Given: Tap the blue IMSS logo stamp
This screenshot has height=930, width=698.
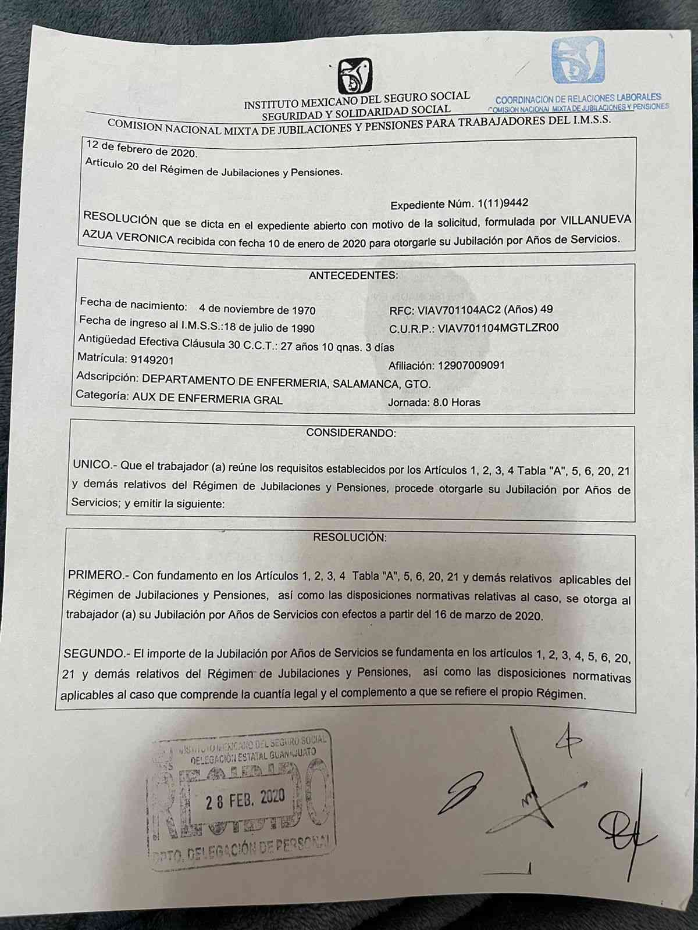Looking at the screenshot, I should (x=578, y=60).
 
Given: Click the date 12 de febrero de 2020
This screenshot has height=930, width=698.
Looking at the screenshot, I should (x=141, y=149).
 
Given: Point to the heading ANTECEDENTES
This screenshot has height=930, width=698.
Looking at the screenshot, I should (x=353, y=275).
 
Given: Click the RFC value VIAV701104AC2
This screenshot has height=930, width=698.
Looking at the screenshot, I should (x=459, y=310).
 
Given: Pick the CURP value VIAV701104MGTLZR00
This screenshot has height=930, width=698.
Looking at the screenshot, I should (x=498, y=328).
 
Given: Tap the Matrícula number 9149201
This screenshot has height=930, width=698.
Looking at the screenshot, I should (x=152, y=360).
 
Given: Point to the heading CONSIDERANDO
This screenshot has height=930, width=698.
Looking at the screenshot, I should (x=351, y=433).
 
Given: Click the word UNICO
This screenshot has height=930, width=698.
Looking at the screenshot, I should (x=92, y=465).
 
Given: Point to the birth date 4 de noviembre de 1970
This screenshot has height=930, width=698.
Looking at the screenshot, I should (x=257, y=310).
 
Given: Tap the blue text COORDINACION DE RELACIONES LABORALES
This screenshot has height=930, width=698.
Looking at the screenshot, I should (x=578, y=98).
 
